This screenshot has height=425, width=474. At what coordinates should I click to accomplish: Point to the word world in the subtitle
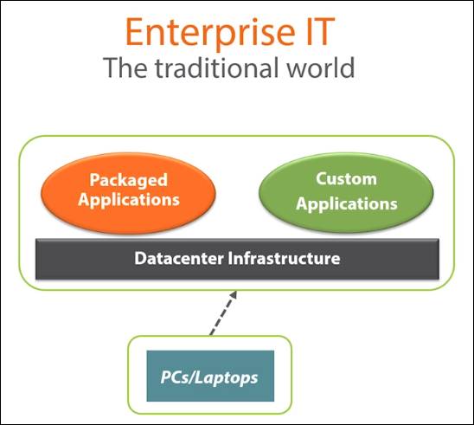(x=320, y=68)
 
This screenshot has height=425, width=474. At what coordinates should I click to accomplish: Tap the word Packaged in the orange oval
(x=128, y=180)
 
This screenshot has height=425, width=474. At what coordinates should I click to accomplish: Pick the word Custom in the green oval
(x=345, y=179)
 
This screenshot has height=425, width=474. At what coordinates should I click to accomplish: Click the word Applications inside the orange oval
(x=128, y=199)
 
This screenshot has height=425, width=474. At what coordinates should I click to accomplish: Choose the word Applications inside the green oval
(x=345, y=204)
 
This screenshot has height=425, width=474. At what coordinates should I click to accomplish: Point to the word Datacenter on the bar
(x=178, y=258)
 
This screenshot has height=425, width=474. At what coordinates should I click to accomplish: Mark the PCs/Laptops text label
(x=210, y=377)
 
